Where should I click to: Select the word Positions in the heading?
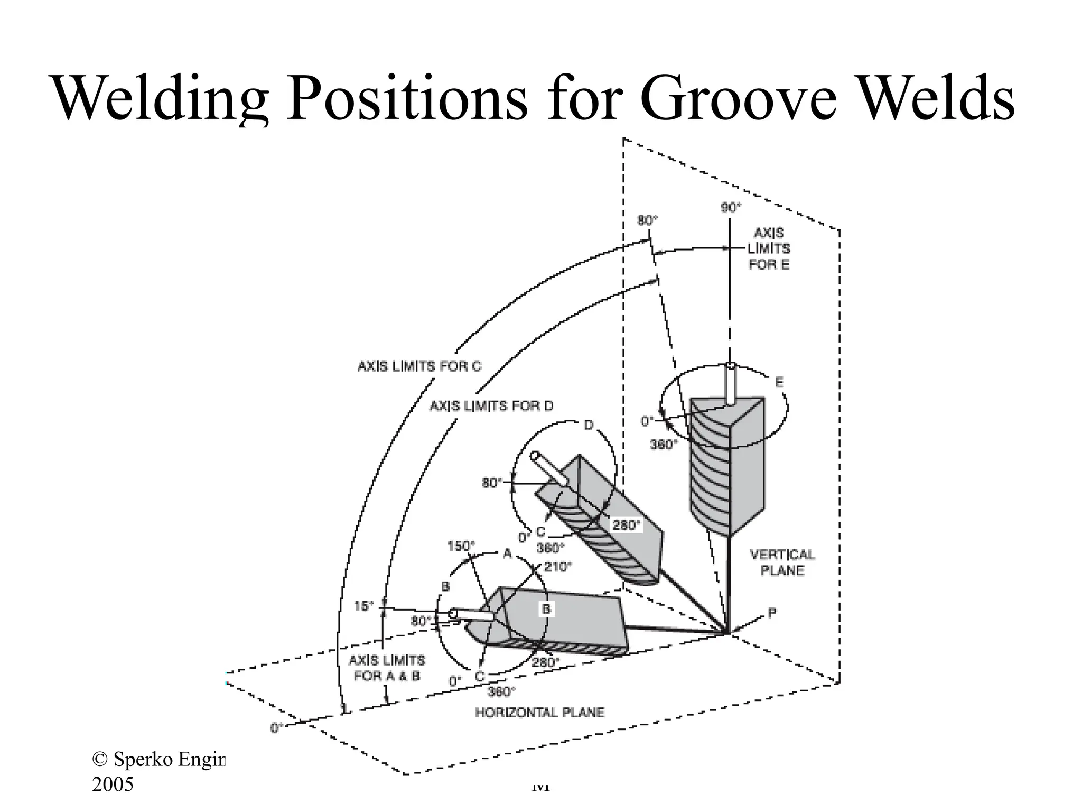coord(407,98)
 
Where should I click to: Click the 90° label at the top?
coord(731,208)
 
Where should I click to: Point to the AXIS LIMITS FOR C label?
coord(419,366)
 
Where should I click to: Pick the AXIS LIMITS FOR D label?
coord(491,406)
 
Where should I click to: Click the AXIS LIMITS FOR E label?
coord(769,248)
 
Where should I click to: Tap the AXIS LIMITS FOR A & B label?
coord(387,668)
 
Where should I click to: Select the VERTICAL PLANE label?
coord(782,562)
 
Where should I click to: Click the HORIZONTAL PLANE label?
coord(539,713)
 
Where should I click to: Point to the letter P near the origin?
coord(772,613)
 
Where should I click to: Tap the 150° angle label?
coord(461,546)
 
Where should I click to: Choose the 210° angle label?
coord(558,567)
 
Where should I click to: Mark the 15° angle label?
coord(363,606)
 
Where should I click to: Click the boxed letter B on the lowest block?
coord(546,609)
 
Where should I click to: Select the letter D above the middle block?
coord(589,425)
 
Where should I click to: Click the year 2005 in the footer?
coord(113,784)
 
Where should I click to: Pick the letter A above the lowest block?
coord(507,553)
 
